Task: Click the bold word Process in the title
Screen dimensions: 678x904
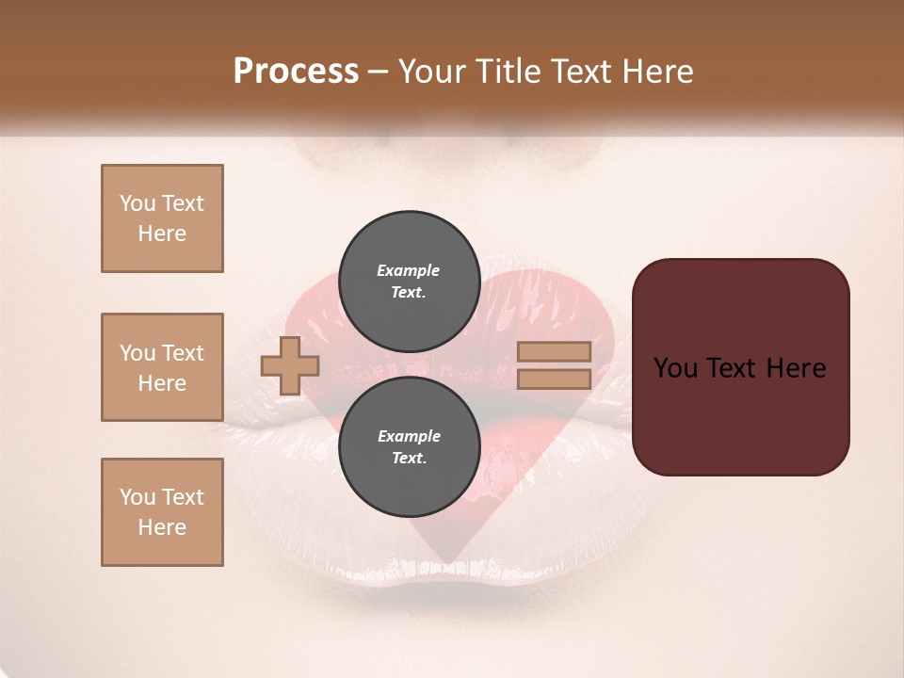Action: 296,72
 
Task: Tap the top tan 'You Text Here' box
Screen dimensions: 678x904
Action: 162,218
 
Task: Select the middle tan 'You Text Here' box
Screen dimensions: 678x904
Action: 162,367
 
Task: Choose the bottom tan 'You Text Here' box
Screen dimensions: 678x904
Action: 162,512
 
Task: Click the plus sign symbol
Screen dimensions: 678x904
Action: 290,365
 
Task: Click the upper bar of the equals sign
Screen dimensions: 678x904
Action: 554,351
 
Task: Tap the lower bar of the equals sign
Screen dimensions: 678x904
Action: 554,379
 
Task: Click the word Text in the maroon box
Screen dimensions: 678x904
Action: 729,368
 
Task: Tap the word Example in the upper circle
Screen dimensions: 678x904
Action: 409,270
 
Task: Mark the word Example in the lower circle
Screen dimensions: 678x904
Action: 409,436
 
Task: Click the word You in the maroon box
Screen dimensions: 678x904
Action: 674,368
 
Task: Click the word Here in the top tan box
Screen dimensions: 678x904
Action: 162,234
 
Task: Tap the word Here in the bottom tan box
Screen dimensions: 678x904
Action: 162,527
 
